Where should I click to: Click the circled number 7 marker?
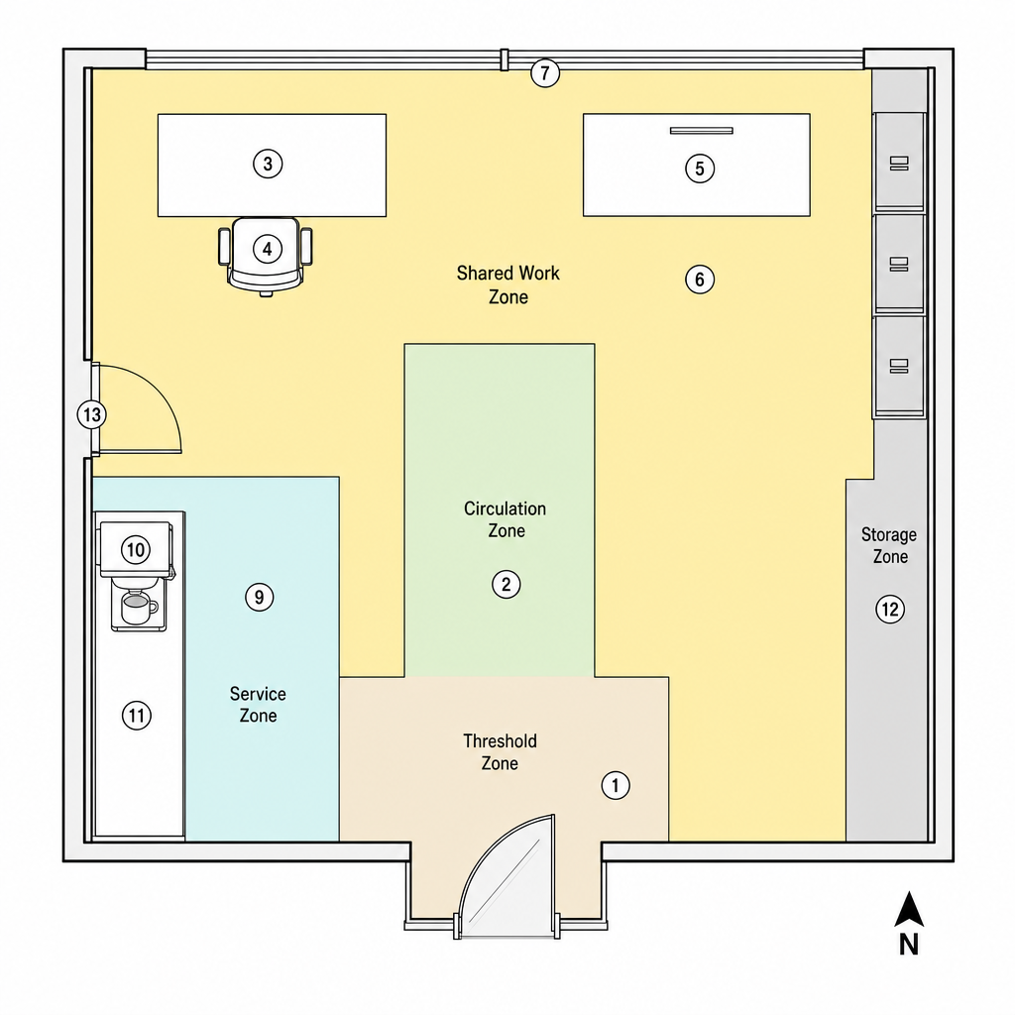tap(545, 73)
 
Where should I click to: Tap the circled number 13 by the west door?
tap(92, 414)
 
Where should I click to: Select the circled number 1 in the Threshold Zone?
tap(615, 785)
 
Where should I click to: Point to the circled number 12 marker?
tap(890, 610)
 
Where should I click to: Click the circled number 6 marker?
tap(700, 280)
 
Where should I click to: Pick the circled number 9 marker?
tap(260, 597)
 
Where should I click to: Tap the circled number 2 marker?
tap(507, 585)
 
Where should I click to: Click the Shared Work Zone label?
tap(508, 284)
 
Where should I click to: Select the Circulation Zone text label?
tap(506, 519)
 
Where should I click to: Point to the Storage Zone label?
tap(889, 545)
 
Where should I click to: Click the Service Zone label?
tap(259, 705)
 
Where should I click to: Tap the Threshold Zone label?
tap(500, 751)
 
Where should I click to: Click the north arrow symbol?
tap(909, 909)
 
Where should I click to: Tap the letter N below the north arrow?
tap(909, 945)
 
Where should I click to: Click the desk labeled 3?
tap(272, 166)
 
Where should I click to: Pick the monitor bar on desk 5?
tap(701, 131)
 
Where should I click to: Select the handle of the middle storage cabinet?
tap(899, 264)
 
